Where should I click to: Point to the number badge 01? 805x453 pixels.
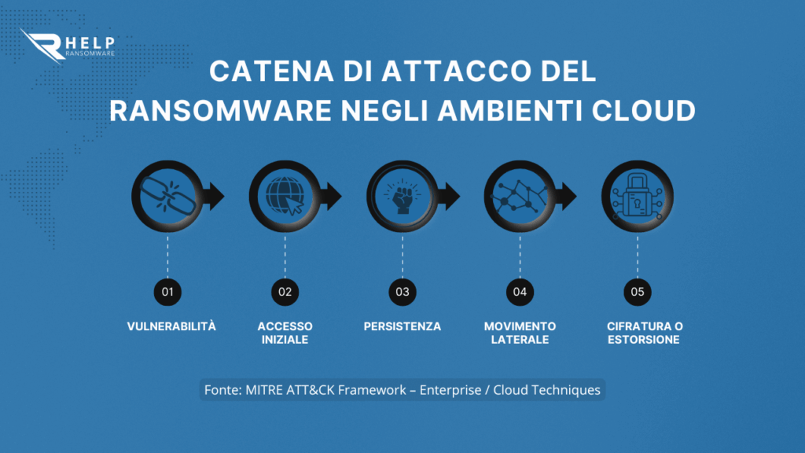pyautogui.click(x=167, y=292)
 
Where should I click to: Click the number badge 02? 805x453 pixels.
pyautogui.click(x=285, y=292)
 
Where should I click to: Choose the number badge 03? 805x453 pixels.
pyautogui.click(x=402, y=292)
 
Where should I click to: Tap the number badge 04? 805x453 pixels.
pyautogui.click(x=520, y=292)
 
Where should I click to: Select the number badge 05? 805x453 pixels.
pyautogui.click(x=638, y=292)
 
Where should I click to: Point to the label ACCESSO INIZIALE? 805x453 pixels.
pyautogui.click(x=285, y=333)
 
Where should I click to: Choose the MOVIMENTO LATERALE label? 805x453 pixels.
pyautogui.click(x=520, y=333)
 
